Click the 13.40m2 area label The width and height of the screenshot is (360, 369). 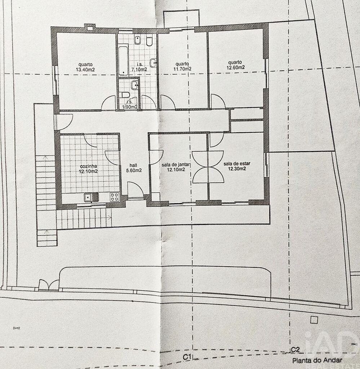(85, 70)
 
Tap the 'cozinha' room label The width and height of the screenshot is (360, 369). (88, 166)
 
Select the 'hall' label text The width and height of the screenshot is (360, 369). (133, 165)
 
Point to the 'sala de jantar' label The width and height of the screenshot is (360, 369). (175, 165)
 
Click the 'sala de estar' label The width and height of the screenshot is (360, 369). (237, 164)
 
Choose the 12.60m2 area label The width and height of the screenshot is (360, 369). (236, 67)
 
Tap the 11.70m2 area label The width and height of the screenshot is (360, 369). (182, 69)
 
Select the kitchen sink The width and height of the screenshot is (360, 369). (91, 197)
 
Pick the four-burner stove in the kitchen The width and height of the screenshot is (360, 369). (115, 197)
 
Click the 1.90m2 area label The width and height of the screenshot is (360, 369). (130, 107)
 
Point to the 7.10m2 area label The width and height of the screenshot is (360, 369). (139, 70)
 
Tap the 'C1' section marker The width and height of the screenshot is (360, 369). (187, 357)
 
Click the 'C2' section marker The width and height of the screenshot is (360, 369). (295, 350)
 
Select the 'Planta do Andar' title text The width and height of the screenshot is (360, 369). (317, 360)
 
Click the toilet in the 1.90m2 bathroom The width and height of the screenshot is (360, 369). (125, 95)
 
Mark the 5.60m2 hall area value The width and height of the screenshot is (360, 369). (134, 170)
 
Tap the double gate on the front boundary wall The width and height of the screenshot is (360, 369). (49, 284)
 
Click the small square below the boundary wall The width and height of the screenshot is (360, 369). (314, 320)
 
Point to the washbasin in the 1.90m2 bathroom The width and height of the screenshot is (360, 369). (135, 85)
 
